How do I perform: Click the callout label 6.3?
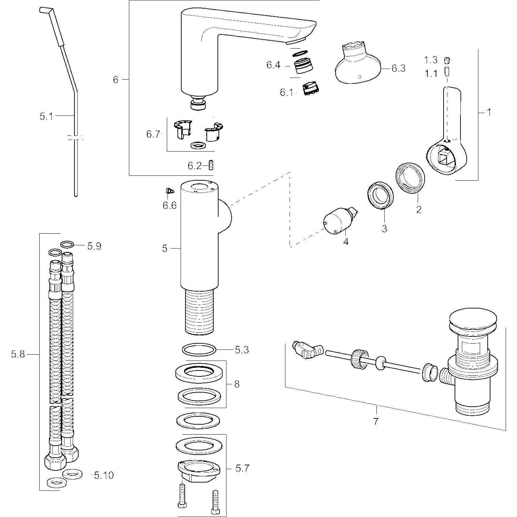click(398, 68)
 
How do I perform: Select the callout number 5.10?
click(103, 476)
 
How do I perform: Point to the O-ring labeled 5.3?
click(199, 350)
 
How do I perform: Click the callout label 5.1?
click(46, 116)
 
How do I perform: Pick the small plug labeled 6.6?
click(169, 190)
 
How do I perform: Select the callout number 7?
click(376, 421)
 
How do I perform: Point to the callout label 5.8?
click(18, 354)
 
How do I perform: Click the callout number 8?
click(236, 384)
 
